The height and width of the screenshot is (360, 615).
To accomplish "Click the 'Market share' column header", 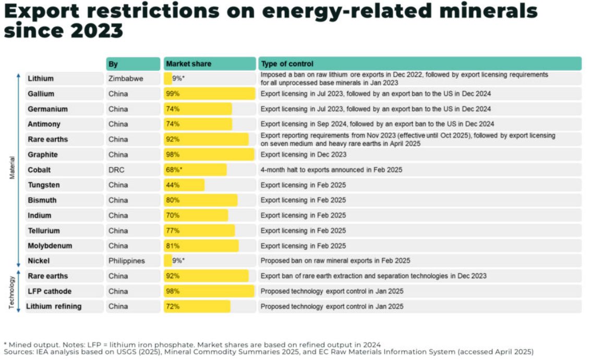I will [x=188, y=64].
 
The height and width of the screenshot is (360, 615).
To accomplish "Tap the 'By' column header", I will [x=113, y=64].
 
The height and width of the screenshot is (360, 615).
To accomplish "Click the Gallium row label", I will [x=41, y=94].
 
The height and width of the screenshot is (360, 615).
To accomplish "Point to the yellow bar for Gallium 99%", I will [x=209, y=94].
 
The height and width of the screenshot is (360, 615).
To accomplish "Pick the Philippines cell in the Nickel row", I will [x=127, y=261].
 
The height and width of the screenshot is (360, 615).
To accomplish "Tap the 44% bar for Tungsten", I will [x=184, y=185].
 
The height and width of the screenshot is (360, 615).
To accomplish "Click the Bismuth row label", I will [x=42, y=200].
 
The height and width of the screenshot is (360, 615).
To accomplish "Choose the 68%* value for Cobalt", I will [x=174, y=170].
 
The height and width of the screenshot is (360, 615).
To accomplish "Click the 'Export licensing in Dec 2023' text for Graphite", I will [x=303, y=155].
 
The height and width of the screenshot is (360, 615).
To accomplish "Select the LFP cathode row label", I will [x=50, y=291].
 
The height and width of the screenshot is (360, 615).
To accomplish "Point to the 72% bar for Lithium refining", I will [x=197, y=306].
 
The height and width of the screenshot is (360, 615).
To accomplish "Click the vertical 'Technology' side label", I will [x=11, y=291].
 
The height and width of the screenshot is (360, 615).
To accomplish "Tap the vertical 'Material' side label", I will [x=11, y=170].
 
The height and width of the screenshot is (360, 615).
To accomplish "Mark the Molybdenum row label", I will [x=50, y=246].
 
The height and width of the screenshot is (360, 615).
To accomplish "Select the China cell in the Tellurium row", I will [x=118, y=231].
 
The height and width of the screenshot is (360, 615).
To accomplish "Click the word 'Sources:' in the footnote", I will [x=19, y=352].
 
